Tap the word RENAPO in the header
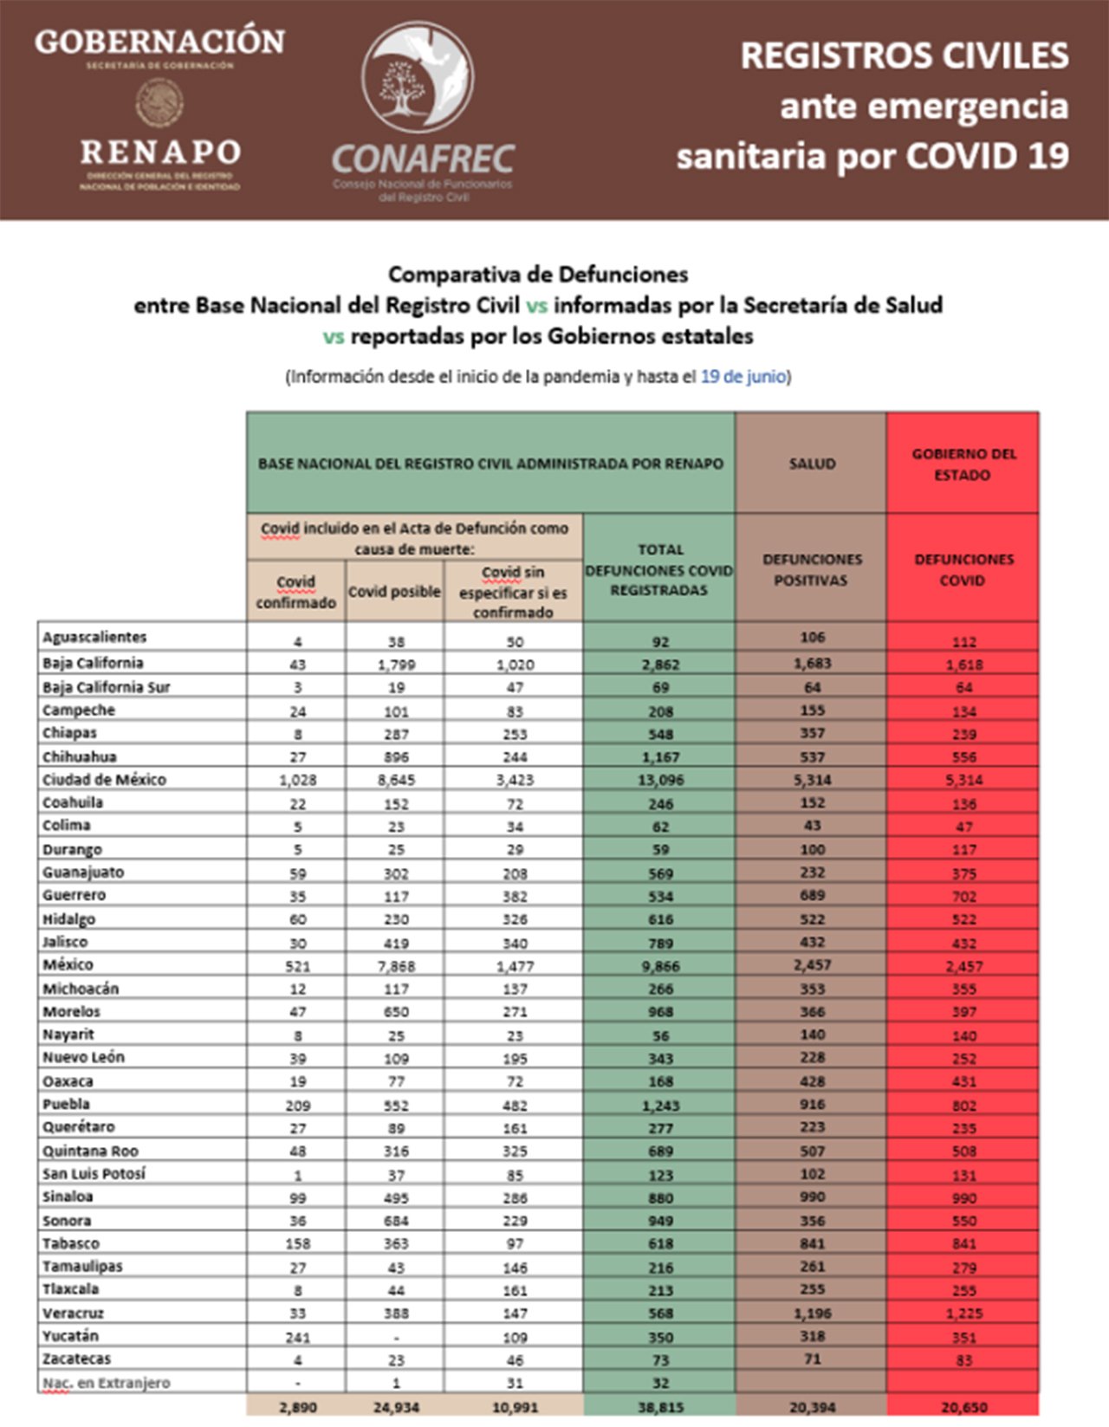click(160, 152)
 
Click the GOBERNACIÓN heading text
click(160, 41)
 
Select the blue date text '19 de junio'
click(743, 377)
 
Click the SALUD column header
click(812, 464)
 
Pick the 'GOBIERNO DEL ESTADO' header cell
click(963, 464)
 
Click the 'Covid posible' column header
click(394, 592)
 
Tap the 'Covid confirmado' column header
click(295, 592)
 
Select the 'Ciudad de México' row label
click(104, 780)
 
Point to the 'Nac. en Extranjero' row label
click(106, 1383)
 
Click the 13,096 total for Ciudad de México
click(660, 780)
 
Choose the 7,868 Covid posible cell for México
click(395, 965)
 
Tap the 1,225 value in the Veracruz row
click(963, 1313)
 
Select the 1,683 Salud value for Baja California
click(812, 664)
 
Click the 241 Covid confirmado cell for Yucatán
click(297, 1336)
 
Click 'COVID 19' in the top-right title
click(987, 157)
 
